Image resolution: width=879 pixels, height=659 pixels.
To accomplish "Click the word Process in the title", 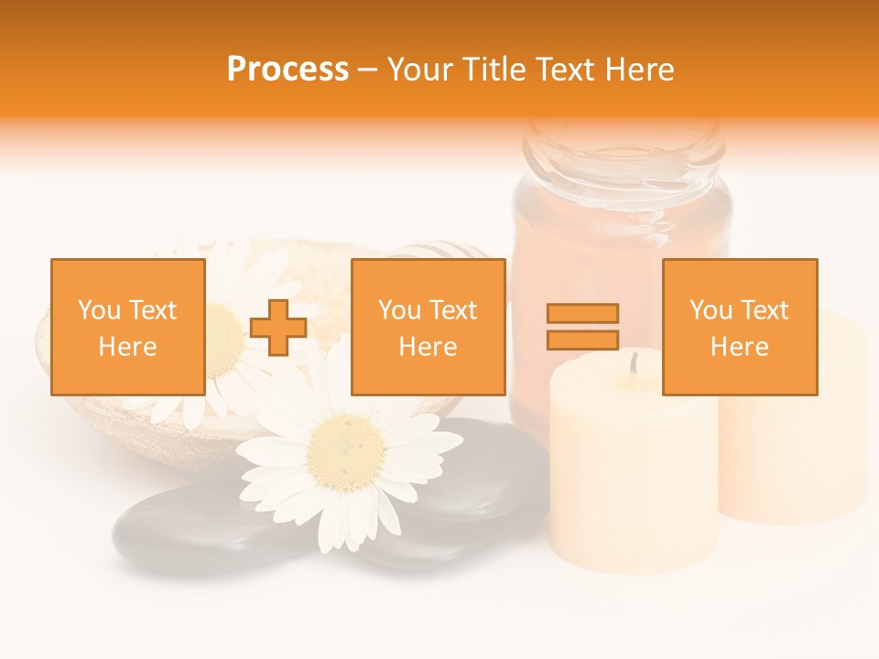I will tap(288, 70).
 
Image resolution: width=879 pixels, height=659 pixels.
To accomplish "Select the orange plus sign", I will tap(278, 328).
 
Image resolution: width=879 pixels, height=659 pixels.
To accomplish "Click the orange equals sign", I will tap(582, 327).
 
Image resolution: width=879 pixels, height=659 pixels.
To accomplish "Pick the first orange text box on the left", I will tap(128, 327).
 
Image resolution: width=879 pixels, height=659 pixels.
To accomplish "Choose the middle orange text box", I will tap(428, 327).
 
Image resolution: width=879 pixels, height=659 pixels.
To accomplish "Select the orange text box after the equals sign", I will tap(740, 327).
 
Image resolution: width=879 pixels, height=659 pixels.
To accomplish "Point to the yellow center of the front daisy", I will tap(346, 452).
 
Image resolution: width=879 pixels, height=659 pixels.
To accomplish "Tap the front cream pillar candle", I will tap(632, 476).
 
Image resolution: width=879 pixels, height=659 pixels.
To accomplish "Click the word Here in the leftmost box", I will tap(128, 347).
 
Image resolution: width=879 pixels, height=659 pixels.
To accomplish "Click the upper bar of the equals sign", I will tap(582, 314).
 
